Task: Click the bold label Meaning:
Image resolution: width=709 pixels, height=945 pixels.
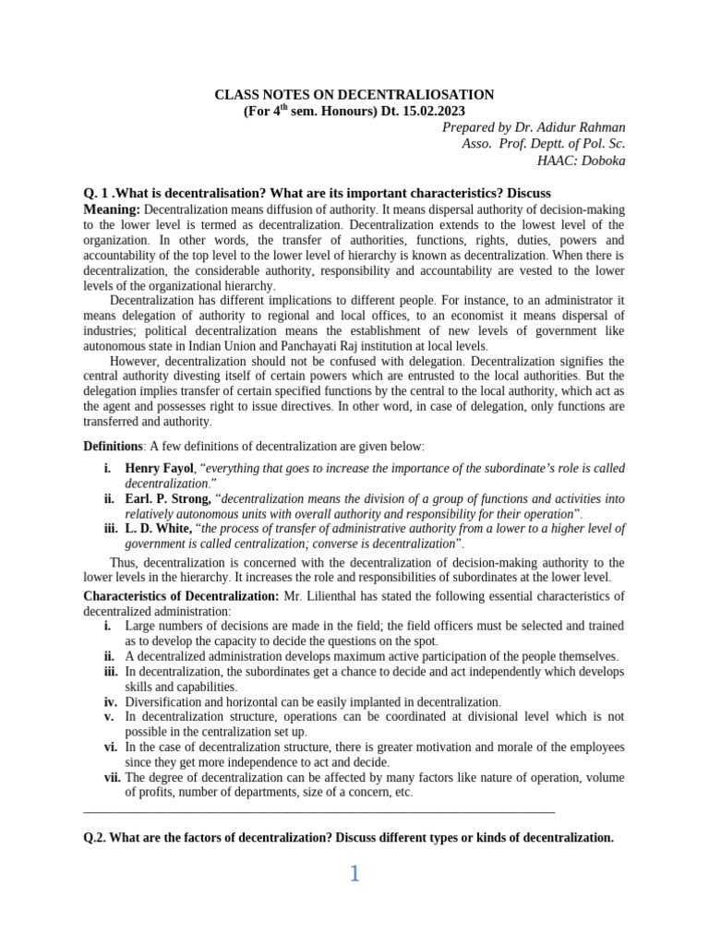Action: pos(112,209)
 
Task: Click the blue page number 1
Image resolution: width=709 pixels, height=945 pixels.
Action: pos(354,874)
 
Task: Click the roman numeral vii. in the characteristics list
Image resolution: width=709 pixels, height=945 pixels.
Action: pos(112,777)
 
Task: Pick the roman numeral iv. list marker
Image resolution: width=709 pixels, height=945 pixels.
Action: pos(110,701)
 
